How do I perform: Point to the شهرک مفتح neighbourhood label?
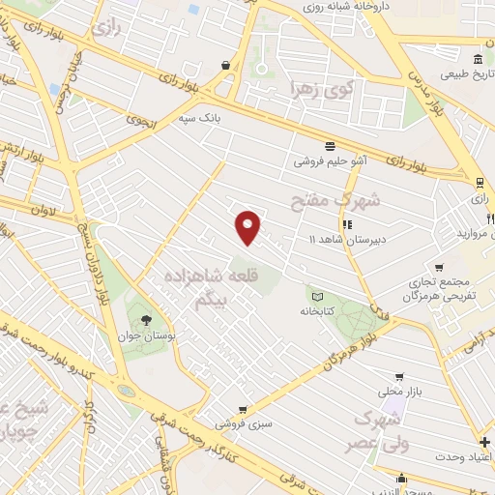[336, 200]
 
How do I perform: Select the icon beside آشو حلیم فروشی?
[330, 146]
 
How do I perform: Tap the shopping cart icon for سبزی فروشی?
[242, 410]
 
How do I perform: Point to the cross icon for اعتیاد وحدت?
[484, 442]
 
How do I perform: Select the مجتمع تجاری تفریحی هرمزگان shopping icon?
[440, 268]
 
